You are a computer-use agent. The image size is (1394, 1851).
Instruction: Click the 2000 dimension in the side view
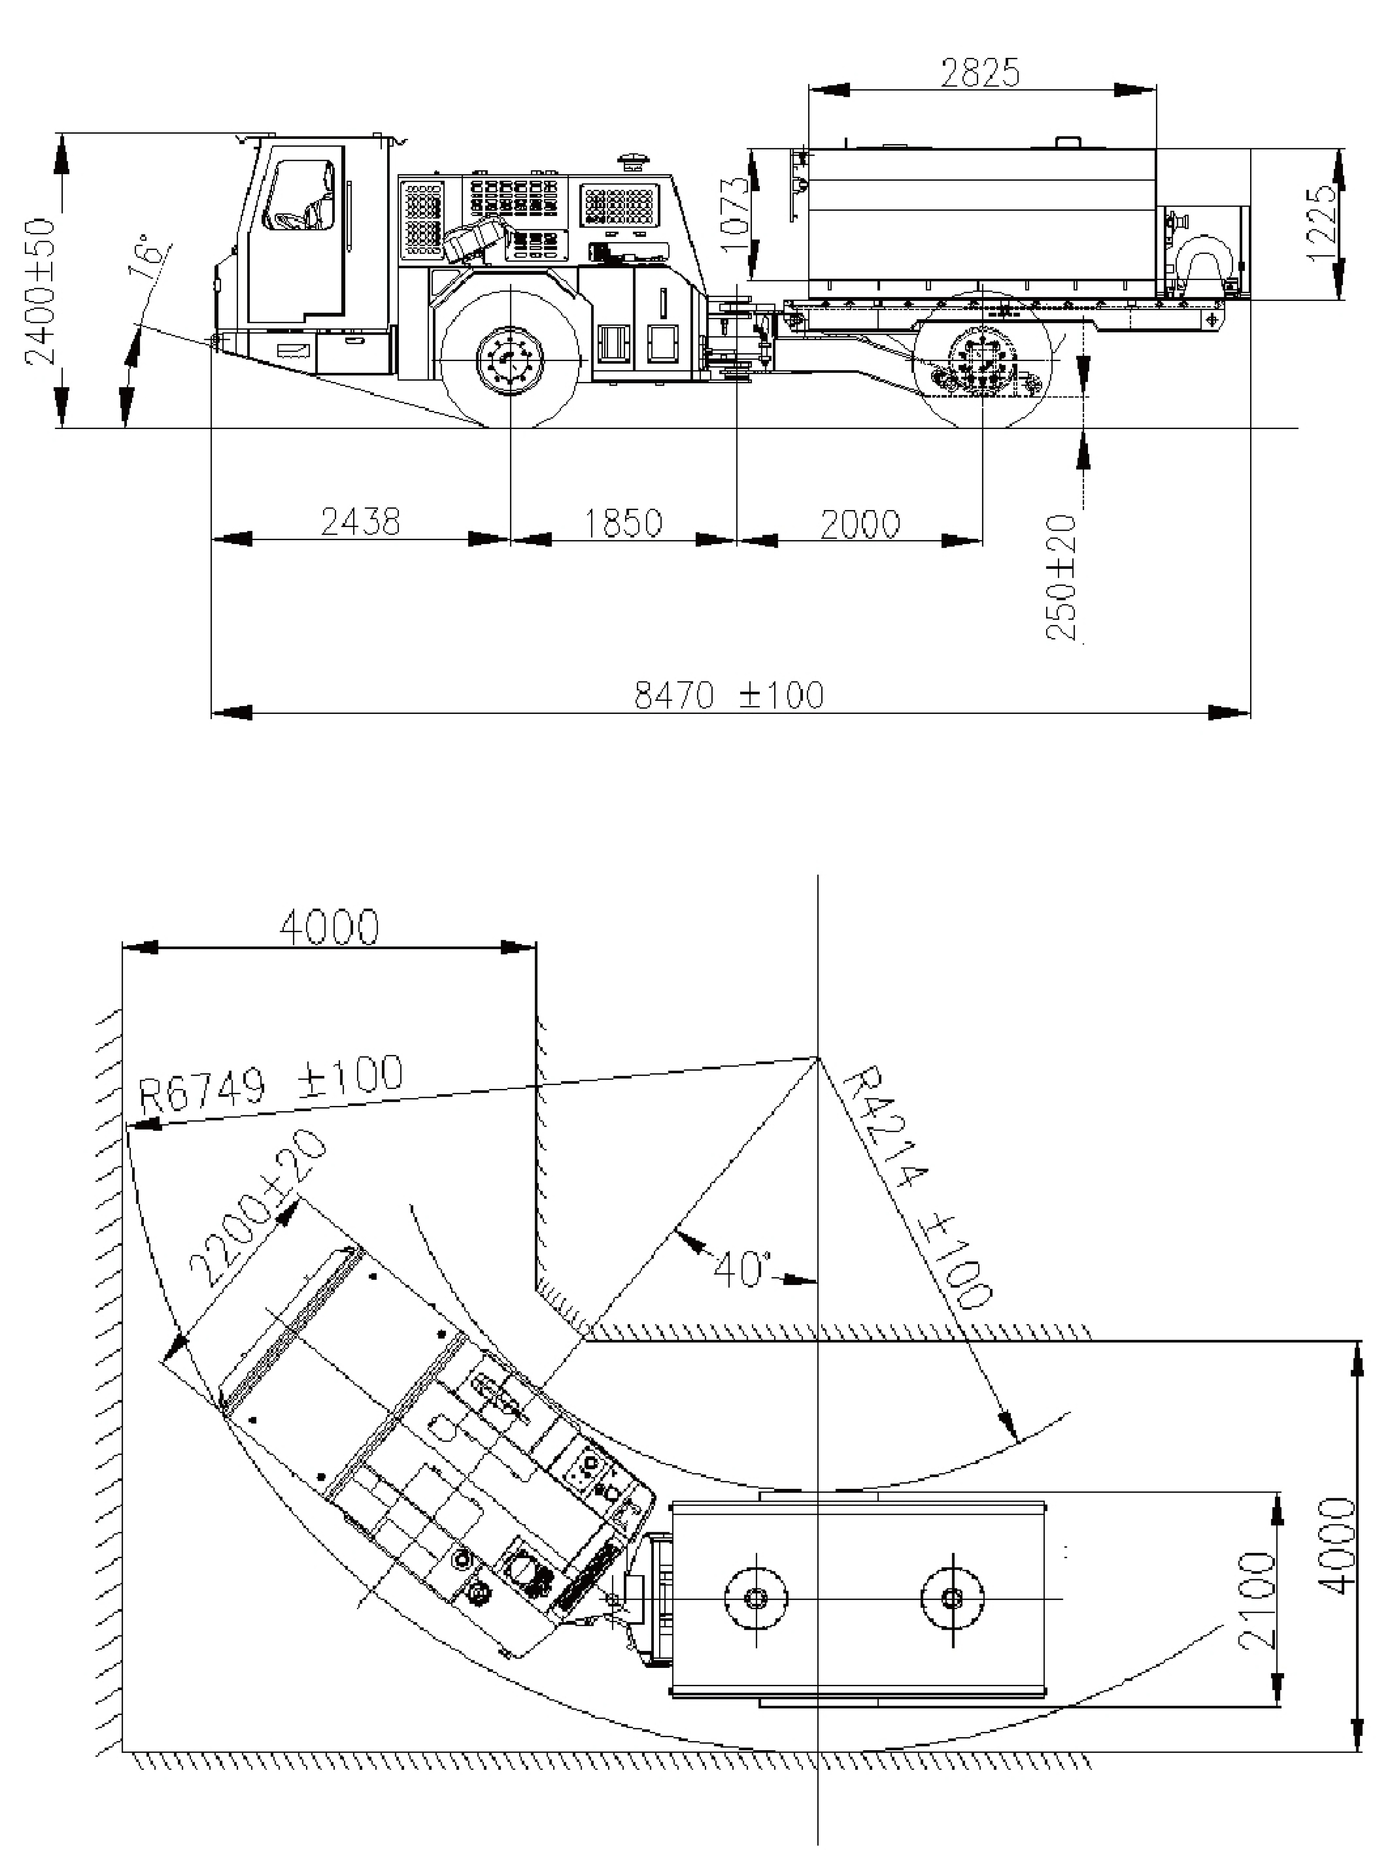pos(860,525)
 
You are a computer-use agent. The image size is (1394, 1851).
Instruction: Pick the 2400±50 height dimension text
pos(40,291)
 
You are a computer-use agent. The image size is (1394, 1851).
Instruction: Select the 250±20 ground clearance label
pos(1062,577)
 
